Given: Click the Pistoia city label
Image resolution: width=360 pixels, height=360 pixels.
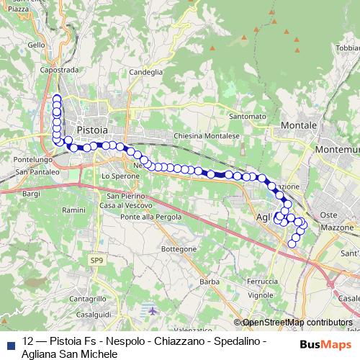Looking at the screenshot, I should tap(91, 130).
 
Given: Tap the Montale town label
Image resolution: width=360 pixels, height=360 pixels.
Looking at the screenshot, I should tap(299, 125).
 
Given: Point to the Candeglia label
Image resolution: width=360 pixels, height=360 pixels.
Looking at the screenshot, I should tap(146, 72).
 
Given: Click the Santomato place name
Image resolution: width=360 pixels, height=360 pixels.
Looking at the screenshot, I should tap(247, 116).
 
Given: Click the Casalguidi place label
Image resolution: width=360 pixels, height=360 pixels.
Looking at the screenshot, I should tap(91, 314).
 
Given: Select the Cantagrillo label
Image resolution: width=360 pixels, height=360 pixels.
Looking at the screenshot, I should tap(89, 298).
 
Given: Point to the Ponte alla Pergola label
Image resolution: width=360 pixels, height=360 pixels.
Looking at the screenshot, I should tap(150, 217).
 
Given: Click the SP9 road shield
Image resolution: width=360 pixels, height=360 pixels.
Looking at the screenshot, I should tap(96, 259).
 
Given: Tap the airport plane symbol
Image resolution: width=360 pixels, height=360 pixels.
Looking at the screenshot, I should tap(153, 311).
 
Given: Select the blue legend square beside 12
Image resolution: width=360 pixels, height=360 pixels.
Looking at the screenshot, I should tap(10, 341).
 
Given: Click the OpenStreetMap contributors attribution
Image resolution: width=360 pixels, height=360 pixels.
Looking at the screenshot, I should tap(297, 323).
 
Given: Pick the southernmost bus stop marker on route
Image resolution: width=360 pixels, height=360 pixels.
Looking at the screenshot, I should tap(292, 244).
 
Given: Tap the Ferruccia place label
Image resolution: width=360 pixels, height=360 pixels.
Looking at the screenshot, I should tap(262, 281).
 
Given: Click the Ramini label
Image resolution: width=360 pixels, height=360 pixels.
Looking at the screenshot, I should tap(73, 210).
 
